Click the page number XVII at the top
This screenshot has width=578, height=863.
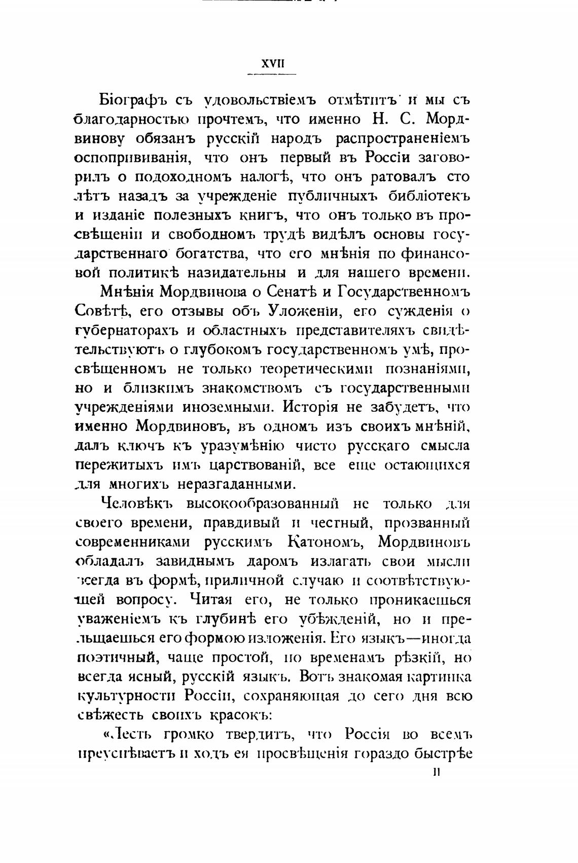(272, 64)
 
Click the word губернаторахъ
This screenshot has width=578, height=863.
(126, 331)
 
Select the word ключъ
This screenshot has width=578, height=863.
(144, 446)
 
